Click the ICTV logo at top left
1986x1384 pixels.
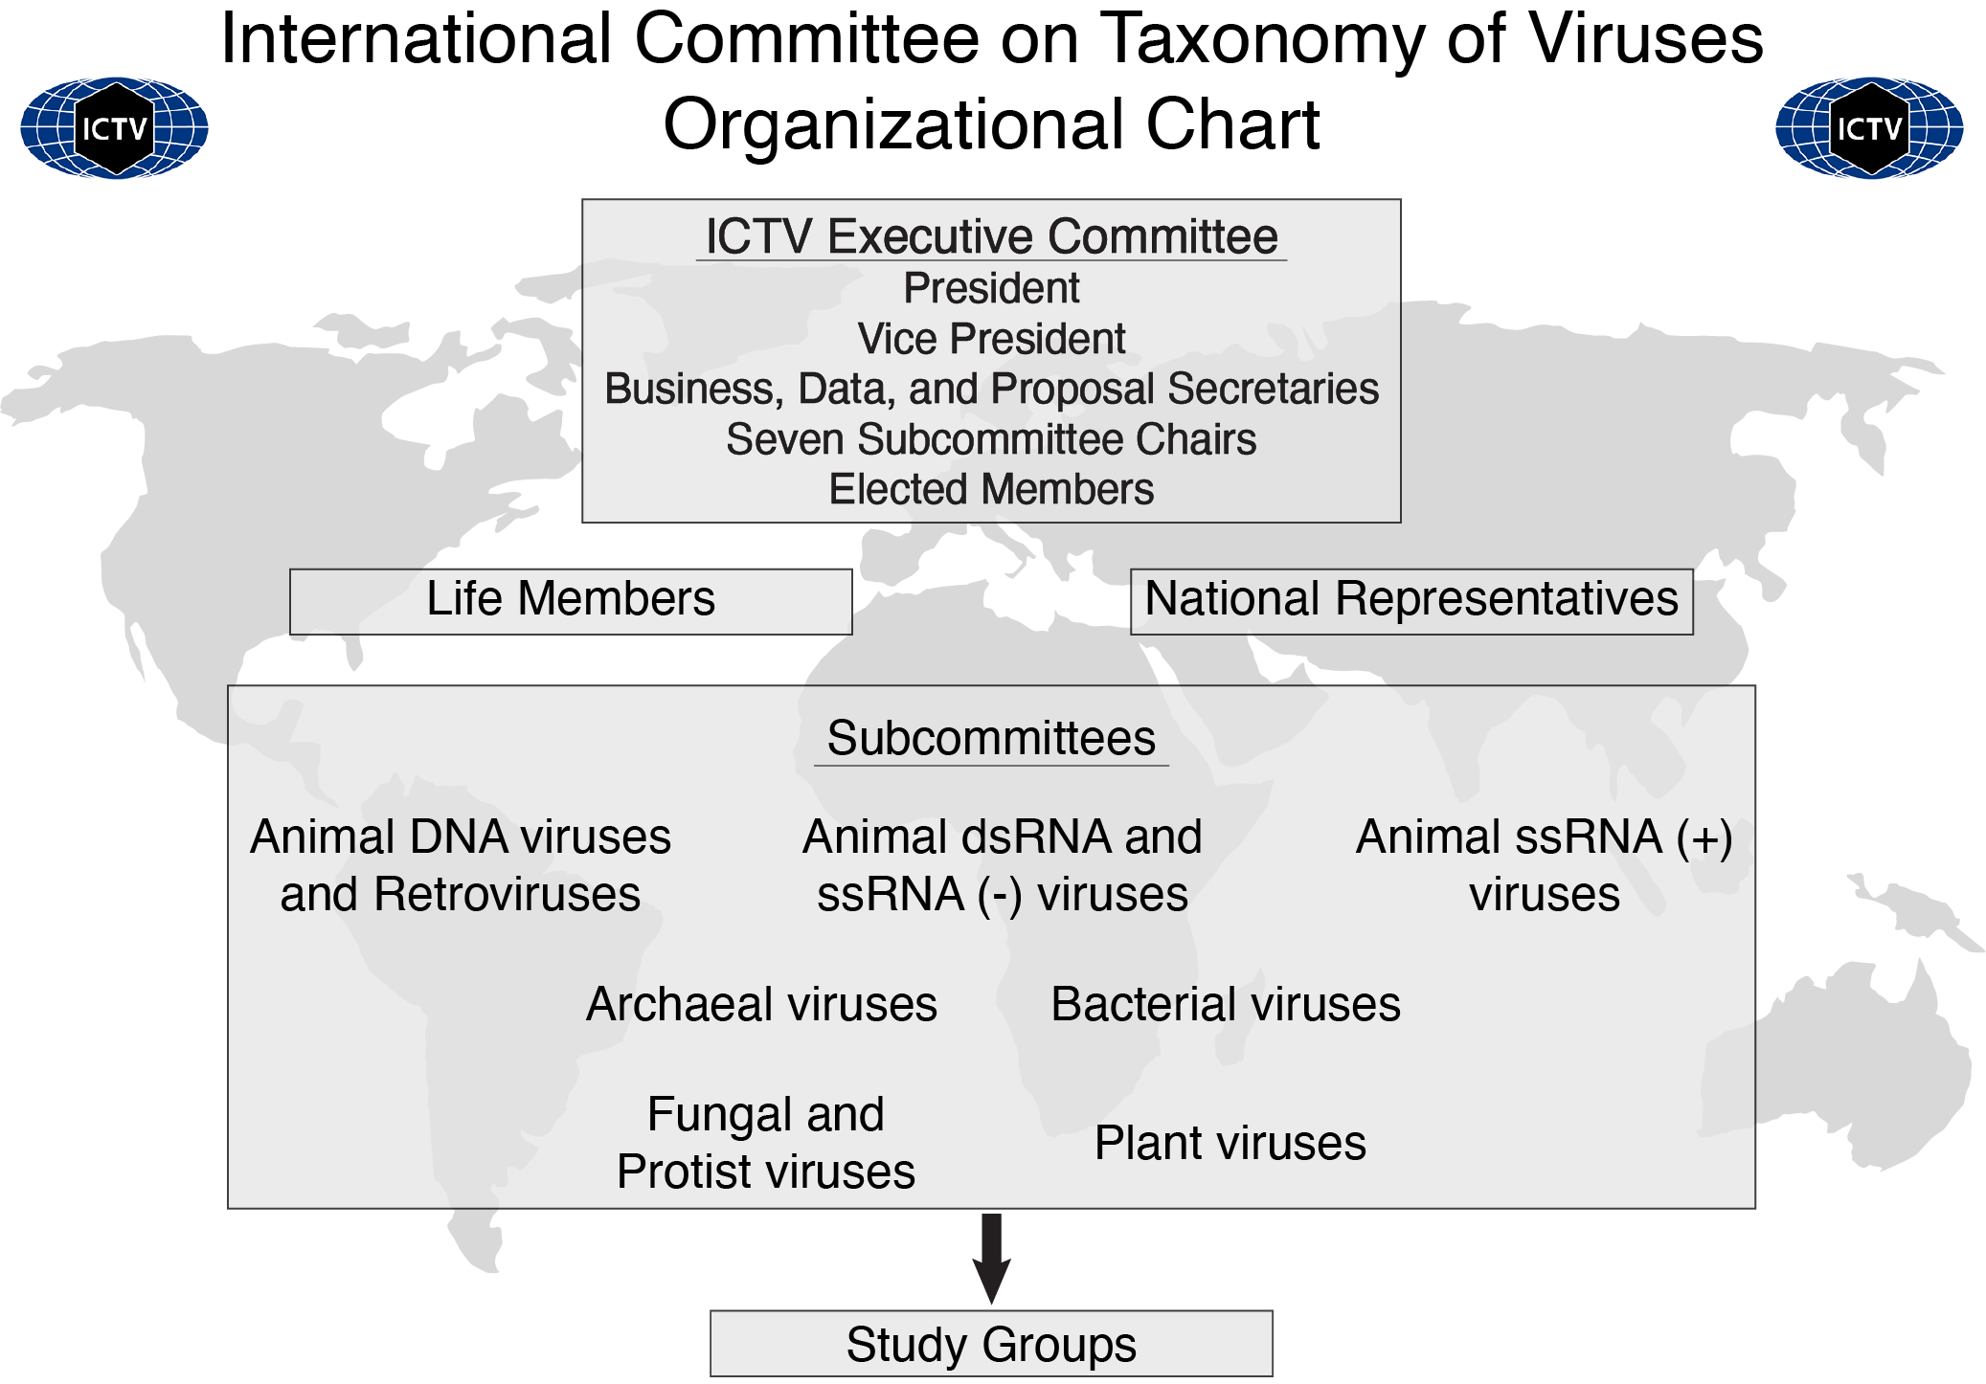[114, 128]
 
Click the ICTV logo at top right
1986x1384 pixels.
[1868, 128]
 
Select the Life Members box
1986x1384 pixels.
[571, 600]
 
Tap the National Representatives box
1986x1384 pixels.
[1411, 600]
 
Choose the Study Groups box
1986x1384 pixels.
[991, 1344]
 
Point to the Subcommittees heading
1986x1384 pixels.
[991, 739]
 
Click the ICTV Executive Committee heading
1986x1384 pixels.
[991, 236]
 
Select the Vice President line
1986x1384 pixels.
[991, 339]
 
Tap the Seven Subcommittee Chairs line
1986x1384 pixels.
[991, 439]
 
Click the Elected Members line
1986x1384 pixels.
[991, 490]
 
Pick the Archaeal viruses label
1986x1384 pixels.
[761, 1005]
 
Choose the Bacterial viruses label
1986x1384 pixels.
[1226, 1005]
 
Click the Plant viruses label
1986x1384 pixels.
[1230, 1143]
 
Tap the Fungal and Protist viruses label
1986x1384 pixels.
[766, 1143]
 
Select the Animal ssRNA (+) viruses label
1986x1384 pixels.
[1545, 865]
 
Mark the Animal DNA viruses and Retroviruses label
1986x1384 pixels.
[461, 865]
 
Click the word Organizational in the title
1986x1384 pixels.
[891, 125]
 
